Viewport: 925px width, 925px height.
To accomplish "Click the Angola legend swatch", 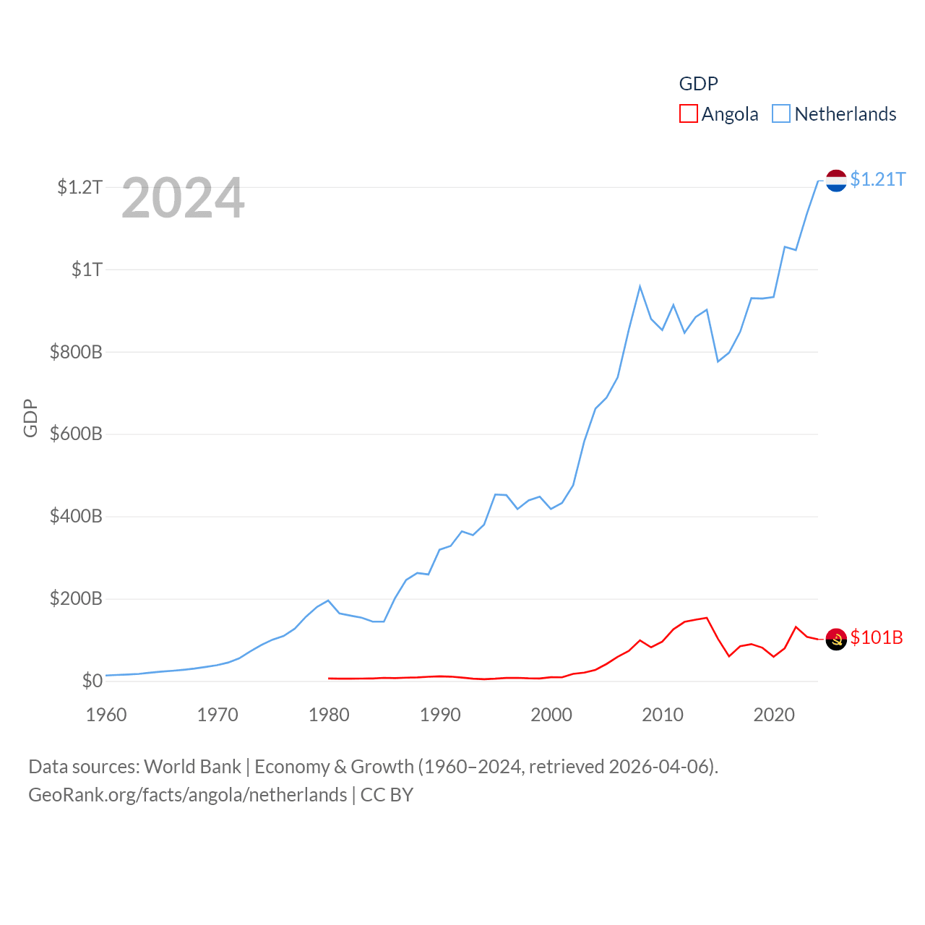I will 688,114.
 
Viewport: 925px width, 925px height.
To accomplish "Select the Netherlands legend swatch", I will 781,114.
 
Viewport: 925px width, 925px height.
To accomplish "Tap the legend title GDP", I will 698,84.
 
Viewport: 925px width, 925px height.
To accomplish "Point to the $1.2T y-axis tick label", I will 79,188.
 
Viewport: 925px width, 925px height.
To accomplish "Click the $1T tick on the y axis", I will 87,270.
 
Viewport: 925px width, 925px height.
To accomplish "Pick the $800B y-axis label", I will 76,353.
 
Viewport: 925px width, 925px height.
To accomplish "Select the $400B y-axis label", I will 76,517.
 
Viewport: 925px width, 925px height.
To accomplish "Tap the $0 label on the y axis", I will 92,681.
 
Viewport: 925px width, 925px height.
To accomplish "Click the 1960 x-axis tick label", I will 106,715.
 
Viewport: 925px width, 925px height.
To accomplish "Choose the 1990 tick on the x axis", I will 440,715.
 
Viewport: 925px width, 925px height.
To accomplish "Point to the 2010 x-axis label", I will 663,715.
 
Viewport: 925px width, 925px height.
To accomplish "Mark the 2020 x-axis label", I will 774,715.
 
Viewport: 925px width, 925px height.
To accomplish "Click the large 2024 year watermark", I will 183,199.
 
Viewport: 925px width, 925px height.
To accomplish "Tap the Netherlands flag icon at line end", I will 836,181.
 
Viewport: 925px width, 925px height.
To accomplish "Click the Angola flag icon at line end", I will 836,639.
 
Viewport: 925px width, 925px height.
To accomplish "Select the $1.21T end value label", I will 877,179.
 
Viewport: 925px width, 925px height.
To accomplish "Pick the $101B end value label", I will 877,637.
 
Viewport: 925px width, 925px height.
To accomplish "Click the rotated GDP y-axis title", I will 30,418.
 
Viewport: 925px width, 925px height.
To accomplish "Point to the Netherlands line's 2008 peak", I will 640,287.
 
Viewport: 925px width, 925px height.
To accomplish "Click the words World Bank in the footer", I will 192,767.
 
